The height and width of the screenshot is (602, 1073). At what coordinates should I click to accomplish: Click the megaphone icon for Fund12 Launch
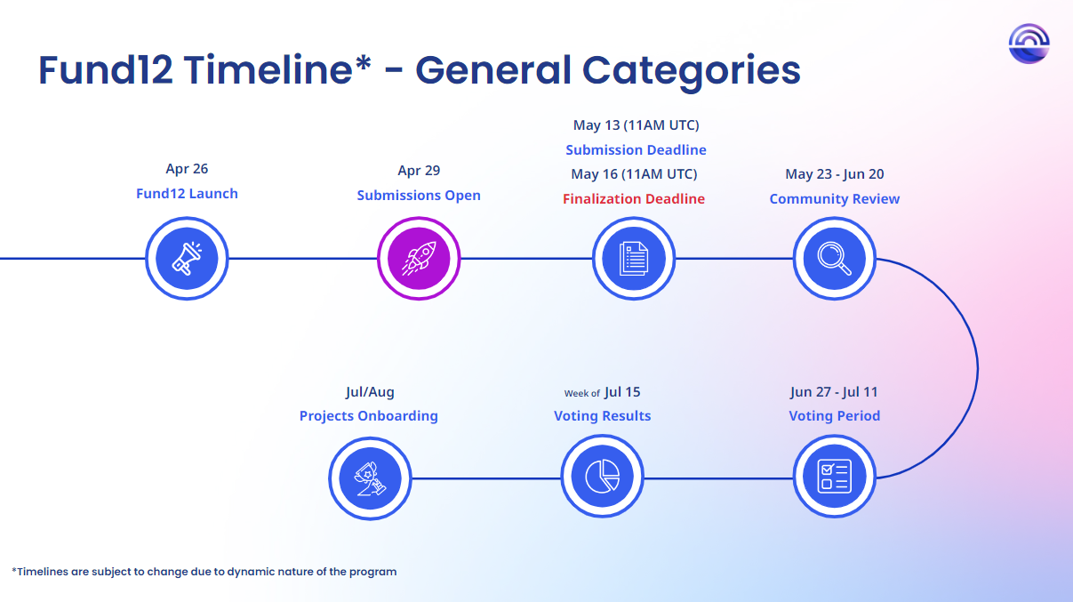tap(187, 259)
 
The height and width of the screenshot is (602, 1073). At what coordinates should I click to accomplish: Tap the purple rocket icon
tap(419, 259)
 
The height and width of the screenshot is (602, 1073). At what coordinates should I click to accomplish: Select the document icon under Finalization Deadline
tap(634, 259)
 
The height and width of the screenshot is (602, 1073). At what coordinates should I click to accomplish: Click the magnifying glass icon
tap(835, 259)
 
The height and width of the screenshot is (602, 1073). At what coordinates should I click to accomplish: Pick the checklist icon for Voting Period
tap(835, 477)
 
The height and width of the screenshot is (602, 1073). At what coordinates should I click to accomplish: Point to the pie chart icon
tap(602, 477)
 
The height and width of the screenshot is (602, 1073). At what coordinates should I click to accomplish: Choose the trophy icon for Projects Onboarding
tap(370, 478)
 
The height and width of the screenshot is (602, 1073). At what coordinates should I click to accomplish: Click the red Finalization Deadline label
tap(634, 199)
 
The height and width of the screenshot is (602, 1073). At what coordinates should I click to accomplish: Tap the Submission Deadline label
tap(636, 150)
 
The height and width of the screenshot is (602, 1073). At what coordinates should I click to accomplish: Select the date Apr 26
tap(187, 169)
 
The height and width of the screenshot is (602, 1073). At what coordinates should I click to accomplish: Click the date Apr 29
tap(419, 171)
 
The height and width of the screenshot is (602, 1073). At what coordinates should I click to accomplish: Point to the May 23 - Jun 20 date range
tap(835, 174)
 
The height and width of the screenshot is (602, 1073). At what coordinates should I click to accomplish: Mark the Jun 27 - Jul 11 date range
tap(834, 392)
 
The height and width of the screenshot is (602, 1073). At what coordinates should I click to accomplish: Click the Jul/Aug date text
tap(370, 392)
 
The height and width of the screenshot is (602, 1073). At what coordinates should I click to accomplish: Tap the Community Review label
tap(835, 199)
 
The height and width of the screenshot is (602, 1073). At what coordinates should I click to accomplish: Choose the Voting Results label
tap(602, 416)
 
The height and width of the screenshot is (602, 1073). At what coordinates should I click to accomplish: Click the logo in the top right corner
tap(1029, 44)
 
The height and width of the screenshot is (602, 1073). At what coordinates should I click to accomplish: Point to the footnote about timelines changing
tap(204, 572)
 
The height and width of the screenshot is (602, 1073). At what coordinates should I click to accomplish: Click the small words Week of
tap(581, 394)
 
